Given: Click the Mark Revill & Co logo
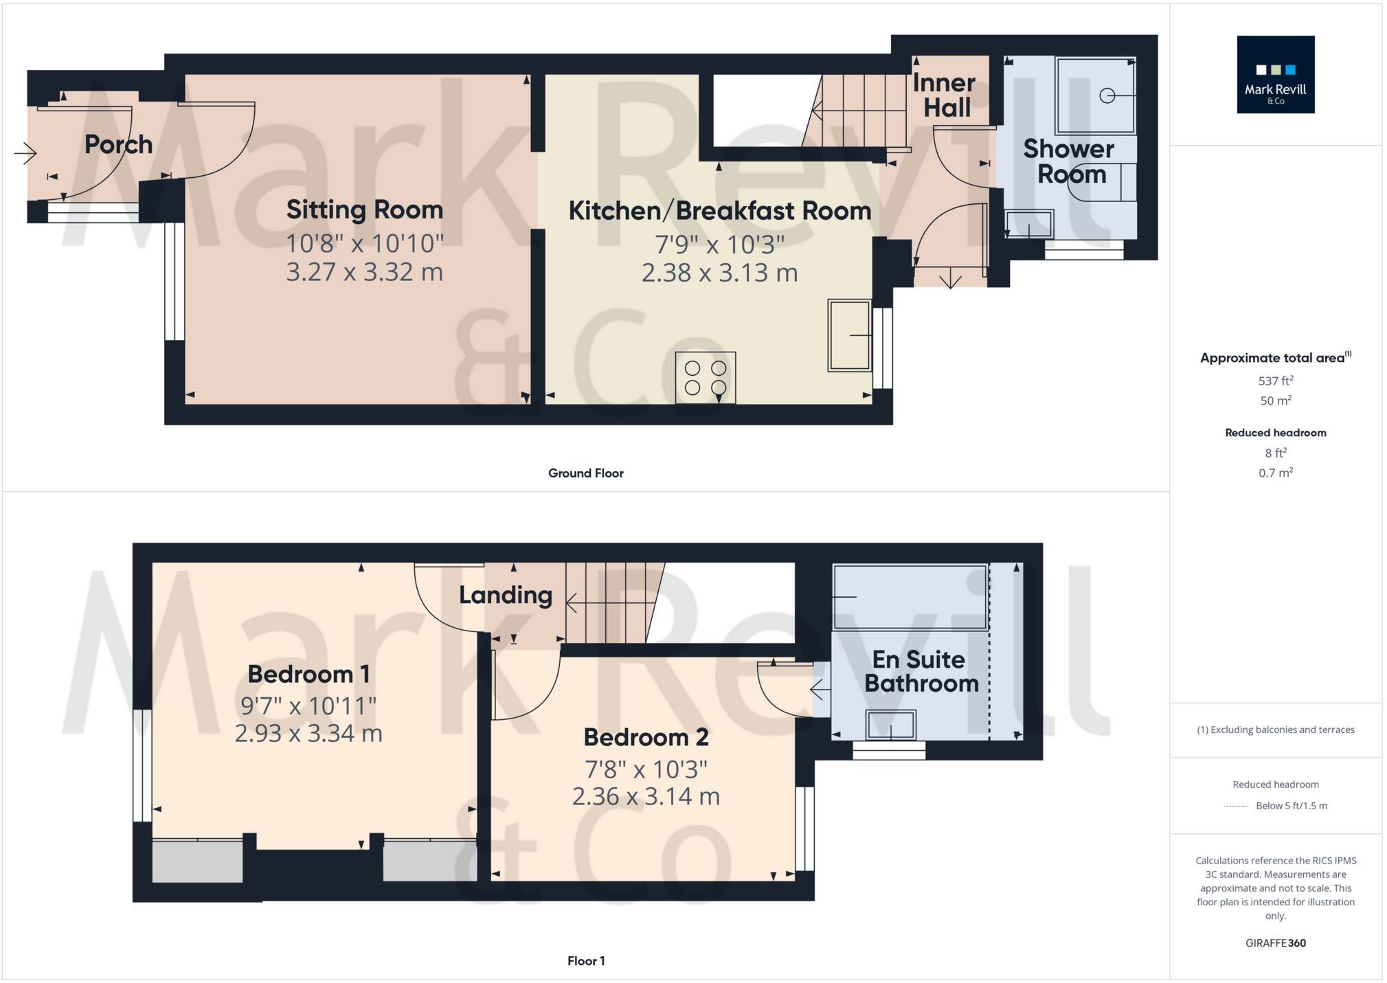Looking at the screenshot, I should pos(1275,74).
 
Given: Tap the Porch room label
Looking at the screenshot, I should pos(118,144).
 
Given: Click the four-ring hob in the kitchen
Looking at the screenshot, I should pos(705,378).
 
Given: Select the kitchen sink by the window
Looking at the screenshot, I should pos(849,335).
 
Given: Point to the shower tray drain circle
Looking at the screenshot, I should pos(1107,95).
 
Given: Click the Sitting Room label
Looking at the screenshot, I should pos(364,210).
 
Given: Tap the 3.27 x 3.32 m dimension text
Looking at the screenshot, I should pos(364,272).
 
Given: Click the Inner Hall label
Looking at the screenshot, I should pos(945,95).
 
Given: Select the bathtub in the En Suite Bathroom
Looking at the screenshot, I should pos(910,597).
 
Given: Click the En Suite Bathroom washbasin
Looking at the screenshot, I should pos(891,725).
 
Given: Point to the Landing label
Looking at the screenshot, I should pos(505,595).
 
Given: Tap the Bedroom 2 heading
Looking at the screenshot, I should pos(645,737).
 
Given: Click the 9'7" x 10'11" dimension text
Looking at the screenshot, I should pos(308,705).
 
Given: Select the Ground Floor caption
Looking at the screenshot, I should pos(585,473).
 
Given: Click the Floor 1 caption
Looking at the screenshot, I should pos(585,960).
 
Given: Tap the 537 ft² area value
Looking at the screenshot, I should pos(1275,381).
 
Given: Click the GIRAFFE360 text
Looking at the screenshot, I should pos(1275,942).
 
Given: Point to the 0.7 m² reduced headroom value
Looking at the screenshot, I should pos(1275,473).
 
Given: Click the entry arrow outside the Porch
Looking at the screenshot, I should pos(25,152).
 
